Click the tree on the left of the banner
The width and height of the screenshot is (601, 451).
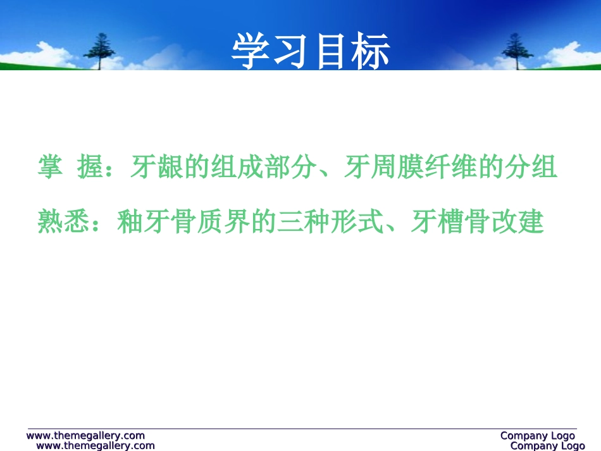(x=98, y=51)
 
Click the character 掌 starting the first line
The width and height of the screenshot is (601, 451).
(x=50, y=168)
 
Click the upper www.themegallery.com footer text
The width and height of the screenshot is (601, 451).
(x=85, y=435)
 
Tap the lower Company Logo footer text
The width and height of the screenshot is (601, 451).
(x=547, y=446)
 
